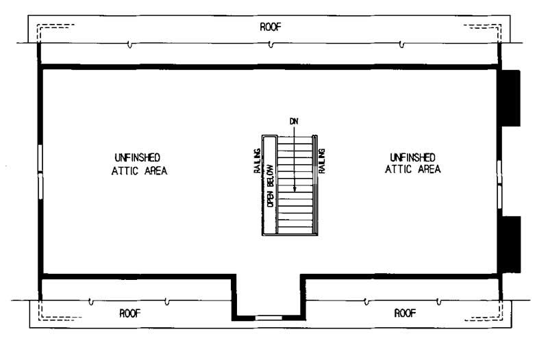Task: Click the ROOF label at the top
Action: pos(270,27)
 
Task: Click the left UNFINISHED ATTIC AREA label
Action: pos(139,164)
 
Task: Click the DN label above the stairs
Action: pos(295,121)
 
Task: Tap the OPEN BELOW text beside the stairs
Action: pos(270,185)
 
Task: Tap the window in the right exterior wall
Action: pos(500,183)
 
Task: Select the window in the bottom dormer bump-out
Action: pos(268,317)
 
